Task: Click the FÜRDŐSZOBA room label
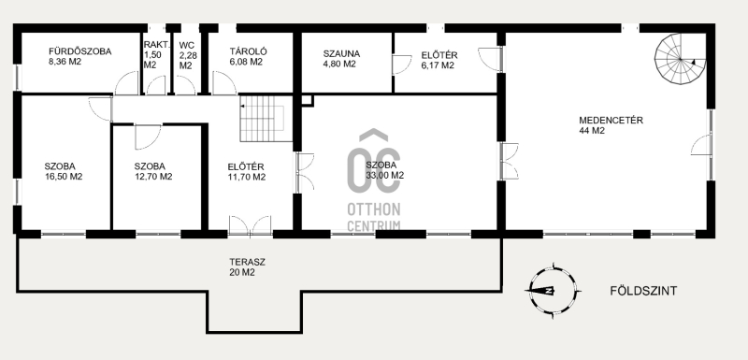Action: click(x=80, y=51)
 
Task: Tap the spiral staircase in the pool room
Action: click(x=680, y=59)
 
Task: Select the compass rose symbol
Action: click(x=553, y=291)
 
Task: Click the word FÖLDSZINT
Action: click(x=643, y=291)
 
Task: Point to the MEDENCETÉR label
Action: click(x=611, y=121)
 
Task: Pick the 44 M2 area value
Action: click(x=592, y=131)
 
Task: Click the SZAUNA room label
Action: click(x=341, y=54)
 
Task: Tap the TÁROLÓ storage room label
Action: click(x=248, y=51)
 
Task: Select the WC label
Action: click(x=186, y=46)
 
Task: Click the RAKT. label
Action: click(x=156, y=45)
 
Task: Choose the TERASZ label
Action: click(x=247, y=262)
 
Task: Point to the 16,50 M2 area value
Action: click(x=64, y=177)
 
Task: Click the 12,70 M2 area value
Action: click(x=153, y=177)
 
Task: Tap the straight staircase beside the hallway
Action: click(x=266, y=118)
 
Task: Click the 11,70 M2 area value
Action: click(x=247, y=178)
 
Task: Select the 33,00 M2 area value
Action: click(x=385, y=176)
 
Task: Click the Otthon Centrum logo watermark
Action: click(x=374, y=180)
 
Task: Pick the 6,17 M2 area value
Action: click(x=438, y=65)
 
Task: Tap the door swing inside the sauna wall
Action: click(x=402, y=65)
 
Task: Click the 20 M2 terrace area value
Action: click(x=242, y=273)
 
